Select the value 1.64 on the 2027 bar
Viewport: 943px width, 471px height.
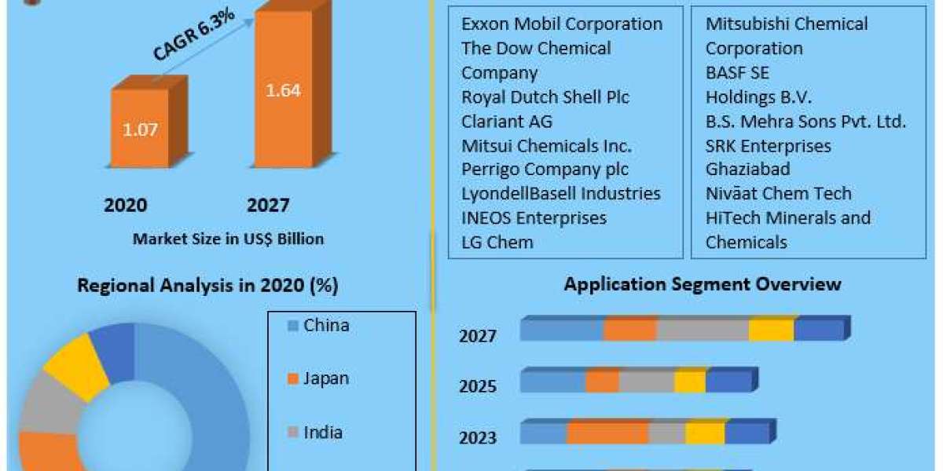click(x=283, y=90)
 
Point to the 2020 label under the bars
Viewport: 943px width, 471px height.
click(x=126, y=206)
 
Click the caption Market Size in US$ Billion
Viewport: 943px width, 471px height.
click(x=228, y=239)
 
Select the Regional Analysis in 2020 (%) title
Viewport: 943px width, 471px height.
click(x=207, y=286)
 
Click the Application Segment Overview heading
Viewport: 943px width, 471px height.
click(x=703, y=283)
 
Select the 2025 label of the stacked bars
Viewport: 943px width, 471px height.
click(x=478, y=386)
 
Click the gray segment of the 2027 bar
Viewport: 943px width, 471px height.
click(x=703, y=330)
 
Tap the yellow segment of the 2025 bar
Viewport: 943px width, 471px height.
click(x=690, y=382)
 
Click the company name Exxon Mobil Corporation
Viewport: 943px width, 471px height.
click(x=562, y=24)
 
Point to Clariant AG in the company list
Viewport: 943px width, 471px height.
click(x=507, y=121)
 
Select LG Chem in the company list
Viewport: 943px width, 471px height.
click(x=497, y=242)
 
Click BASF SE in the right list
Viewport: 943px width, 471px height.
click(x=737, y=72)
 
